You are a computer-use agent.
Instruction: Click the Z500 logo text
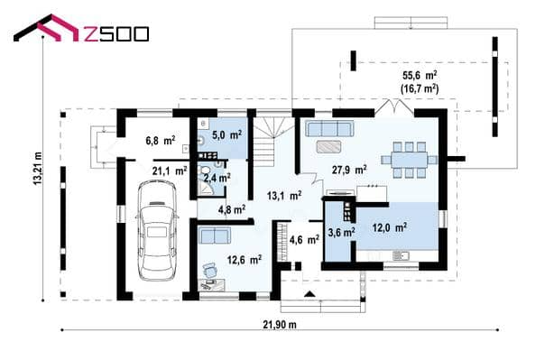pyautogui.click(x=117, y=34)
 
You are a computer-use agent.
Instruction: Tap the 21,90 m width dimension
pyautogui.click(x=280, y=324)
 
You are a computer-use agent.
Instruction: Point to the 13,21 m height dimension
pyautogui.click(x=38, y=168)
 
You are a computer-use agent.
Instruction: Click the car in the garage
pyautogui.click(x=157, y=231)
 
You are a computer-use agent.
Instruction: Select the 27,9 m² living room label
pyautogui.click(x=349, y=170)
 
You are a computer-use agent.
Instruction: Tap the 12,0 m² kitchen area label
pyautogui.click(x=390, y=227)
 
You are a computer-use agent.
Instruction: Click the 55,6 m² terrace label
pyautogui.click(x=420, y=75)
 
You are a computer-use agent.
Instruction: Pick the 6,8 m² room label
pyautogui.click(x=161, y=141)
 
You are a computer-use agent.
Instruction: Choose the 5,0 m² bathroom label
pyautogui.click(x=226, y=134)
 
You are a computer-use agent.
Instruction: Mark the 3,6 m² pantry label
pyautogui.click(x=341, y=232)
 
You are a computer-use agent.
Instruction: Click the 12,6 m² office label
pyautogui.click(x=245, y=260)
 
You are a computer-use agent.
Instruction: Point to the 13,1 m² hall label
pyautogui.click(x=284, y=196)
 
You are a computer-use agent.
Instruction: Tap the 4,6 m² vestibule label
pyautogui.click(x=304, y=239)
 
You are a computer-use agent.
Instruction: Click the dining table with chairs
pyautogui.click(x=409, y=160)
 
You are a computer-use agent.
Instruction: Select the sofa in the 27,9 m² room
pyautogui.click(x=329, y=129)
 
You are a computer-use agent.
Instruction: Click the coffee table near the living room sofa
pyautogui.click(x=328, y=146)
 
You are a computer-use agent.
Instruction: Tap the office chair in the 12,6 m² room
pyautogui.click(x=210, y=271)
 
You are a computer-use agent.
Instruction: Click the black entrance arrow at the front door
pyautogui.click(x=309, y=293)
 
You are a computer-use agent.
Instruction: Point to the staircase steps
pyautogui.click(x=270, y=142)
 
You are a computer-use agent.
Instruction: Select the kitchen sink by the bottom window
pyautogui.click(x=401, y=254)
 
